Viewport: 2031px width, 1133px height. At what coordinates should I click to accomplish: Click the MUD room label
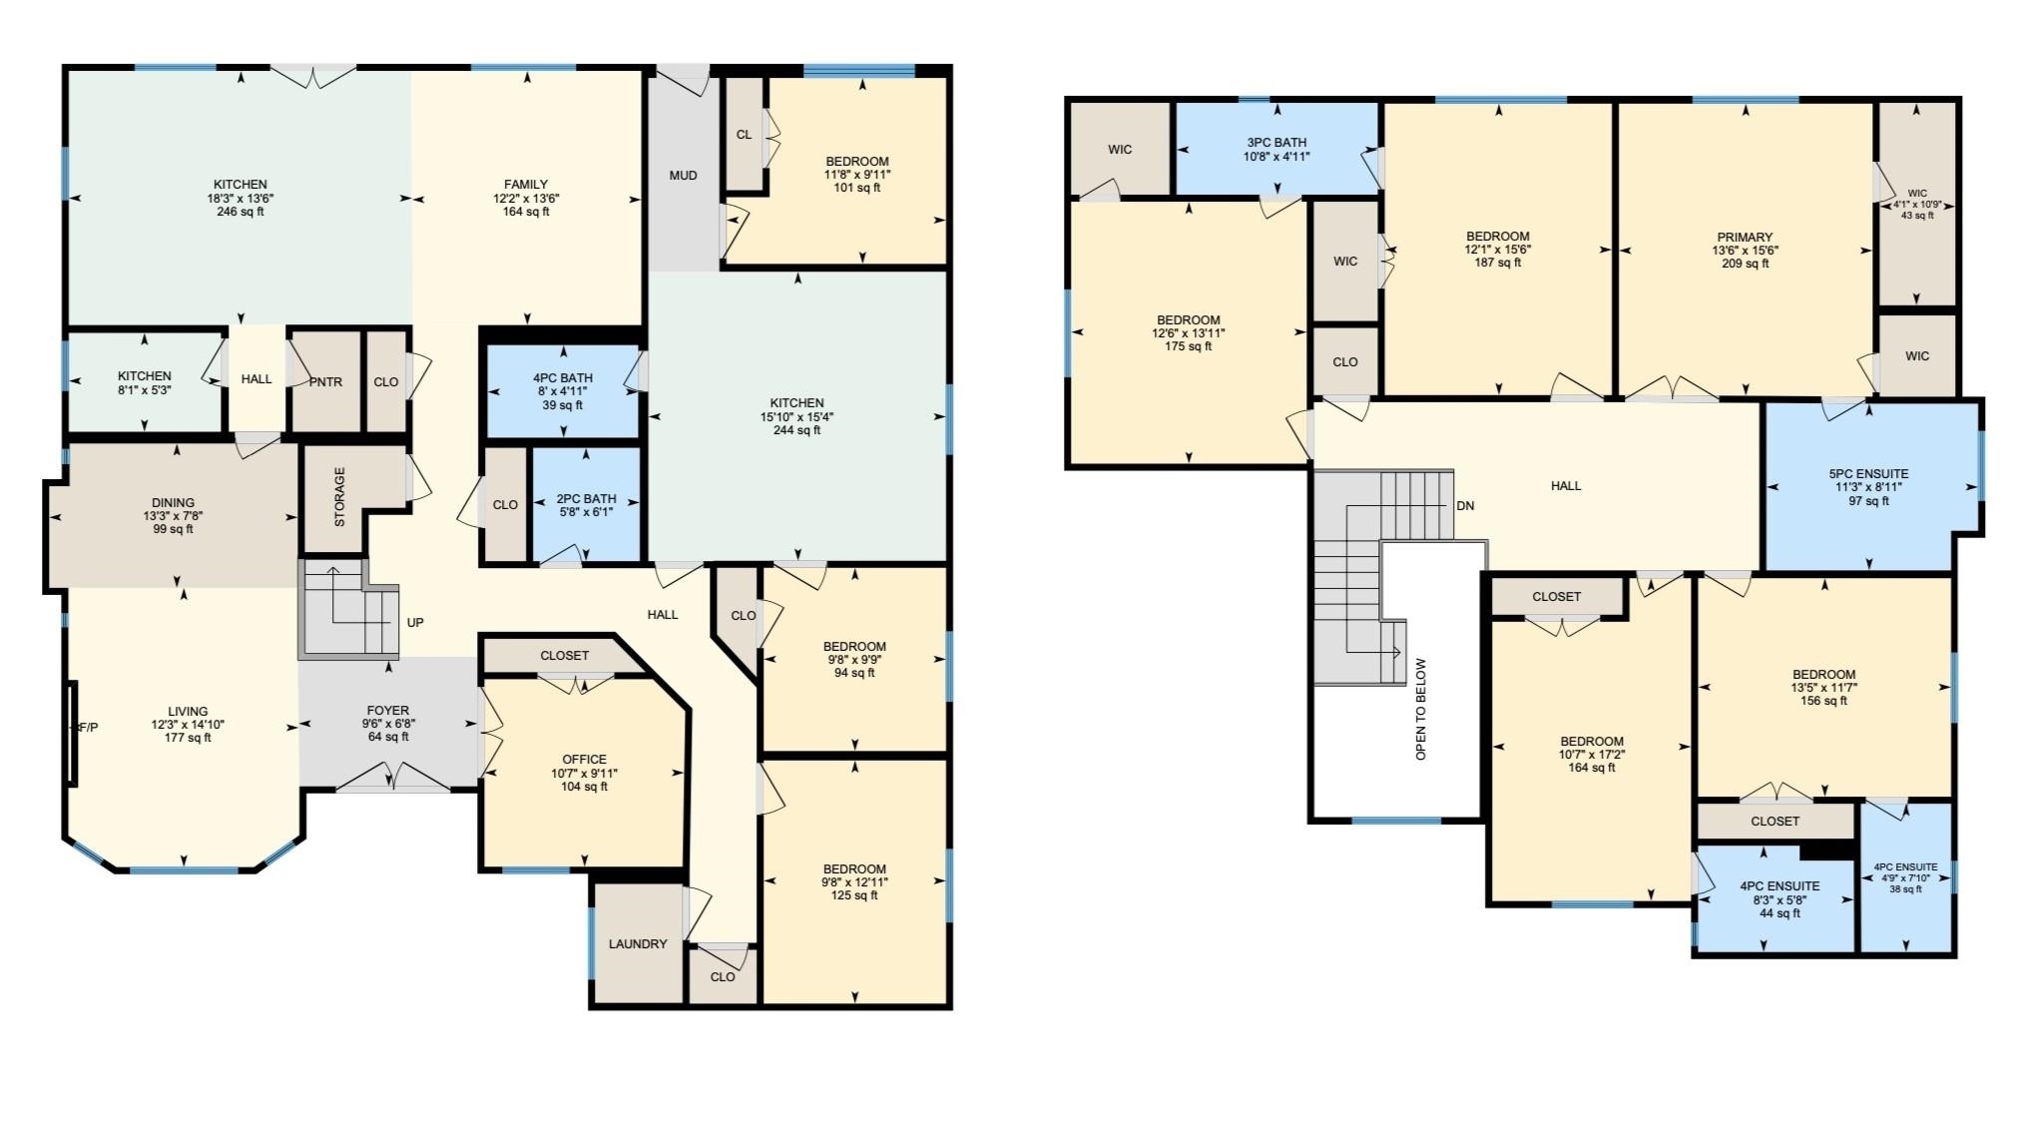coord(683,176)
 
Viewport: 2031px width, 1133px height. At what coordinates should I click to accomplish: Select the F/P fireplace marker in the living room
coord(87,728)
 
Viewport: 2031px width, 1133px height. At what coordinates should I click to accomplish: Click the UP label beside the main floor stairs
coord(415,623)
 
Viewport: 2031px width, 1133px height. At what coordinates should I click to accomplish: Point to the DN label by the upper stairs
coord(1464,506)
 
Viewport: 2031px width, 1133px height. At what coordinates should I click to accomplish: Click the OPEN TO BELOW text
coord(1421,709)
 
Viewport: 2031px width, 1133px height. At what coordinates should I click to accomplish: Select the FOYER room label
coord(388,711)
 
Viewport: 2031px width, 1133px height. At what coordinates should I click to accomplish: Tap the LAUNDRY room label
coord(638,944)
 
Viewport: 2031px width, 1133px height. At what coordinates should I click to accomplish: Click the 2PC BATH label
coord(586,499)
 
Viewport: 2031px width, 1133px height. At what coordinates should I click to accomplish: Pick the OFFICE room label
coord(584,760)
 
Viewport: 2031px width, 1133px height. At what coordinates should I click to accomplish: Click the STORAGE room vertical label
coord(339,497)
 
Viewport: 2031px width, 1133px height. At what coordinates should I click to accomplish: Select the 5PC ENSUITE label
coord(1868,474)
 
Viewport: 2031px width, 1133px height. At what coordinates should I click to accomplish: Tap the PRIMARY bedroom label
coord(1745,238)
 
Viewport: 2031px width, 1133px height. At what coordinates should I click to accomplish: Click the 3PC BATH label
coord(1276,143)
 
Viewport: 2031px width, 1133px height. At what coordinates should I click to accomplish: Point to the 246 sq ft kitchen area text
coord(241,212)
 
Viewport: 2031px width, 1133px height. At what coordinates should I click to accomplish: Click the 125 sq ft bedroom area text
coord(854,895)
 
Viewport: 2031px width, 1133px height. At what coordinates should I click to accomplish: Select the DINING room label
coord(174,503)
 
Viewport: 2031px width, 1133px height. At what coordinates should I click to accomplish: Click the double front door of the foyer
coord(391,778)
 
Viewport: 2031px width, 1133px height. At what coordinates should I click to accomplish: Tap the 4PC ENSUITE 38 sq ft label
coord(1905,867)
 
